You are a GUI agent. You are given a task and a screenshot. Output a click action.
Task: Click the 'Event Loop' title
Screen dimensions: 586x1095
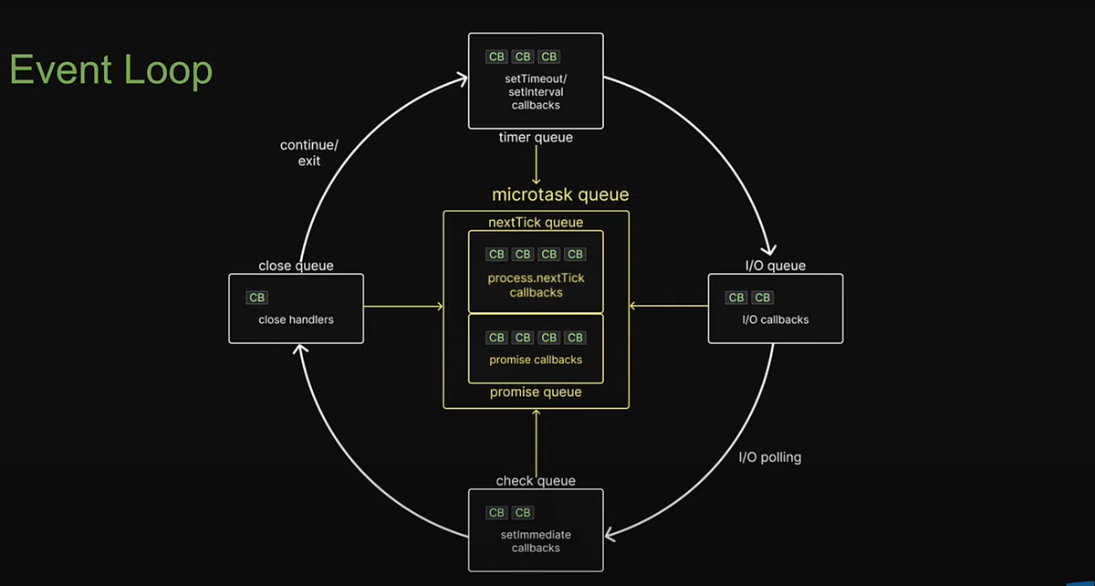coord(110,70)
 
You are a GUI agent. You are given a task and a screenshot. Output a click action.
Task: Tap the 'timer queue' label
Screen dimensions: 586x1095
coord(536,138)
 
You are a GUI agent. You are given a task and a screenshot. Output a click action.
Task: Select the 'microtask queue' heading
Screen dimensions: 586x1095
coord(560,194)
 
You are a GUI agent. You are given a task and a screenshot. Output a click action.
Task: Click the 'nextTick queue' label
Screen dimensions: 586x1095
coord(536,222)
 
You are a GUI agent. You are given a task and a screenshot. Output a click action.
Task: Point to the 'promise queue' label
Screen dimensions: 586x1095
coord(536,392)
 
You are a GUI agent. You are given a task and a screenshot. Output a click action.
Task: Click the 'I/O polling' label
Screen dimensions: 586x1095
coord(769,456)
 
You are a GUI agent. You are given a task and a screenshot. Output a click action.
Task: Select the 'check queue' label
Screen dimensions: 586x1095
coord(536,480)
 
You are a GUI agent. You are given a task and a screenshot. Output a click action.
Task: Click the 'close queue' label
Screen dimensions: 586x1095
coord(296,266)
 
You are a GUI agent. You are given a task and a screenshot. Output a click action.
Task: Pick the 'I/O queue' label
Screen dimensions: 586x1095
coord(775,266)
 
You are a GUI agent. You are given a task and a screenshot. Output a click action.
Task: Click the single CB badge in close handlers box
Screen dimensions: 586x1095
coord(257,298)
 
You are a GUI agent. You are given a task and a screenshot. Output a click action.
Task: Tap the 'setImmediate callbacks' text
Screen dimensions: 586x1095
coord(536,541)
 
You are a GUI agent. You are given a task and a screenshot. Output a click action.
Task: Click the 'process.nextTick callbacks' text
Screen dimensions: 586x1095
coord(536,285)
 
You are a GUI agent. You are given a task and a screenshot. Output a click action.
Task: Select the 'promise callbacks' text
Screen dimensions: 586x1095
coord(536,360)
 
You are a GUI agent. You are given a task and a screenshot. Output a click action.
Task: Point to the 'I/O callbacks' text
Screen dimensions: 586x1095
coord(775,319)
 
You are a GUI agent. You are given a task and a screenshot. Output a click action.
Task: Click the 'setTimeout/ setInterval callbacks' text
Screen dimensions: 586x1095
coord(536,92)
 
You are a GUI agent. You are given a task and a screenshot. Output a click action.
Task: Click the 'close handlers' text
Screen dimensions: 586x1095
coord(296,319)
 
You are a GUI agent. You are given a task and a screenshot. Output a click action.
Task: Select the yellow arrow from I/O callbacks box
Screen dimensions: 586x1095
coord(669,306)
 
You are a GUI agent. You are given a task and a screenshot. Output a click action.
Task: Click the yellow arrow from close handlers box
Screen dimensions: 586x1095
coord(403,306)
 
